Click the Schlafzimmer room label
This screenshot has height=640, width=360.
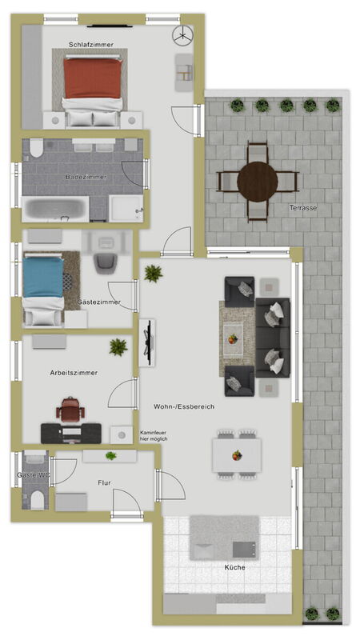pyautogui.click(x=91, y=45)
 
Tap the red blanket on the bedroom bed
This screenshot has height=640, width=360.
pyautogui.click(x=93, y=78)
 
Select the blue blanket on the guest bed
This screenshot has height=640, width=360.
pyautogui.click(x=43, y=277)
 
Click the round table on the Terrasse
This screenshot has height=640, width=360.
pyautogui.click(x=258, y=182)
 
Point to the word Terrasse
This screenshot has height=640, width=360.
pyautogui.click(x=303, y=208)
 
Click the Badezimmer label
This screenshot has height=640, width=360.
pyautogui.click(x=86, y=177)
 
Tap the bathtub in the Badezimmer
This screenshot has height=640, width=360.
pyautogui.click(x=55, y=209)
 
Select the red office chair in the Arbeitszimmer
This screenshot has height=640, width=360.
pyautogui.click(x=70, y=410)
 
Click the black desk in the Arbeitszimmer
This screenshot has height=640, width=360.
pyautogui.click(x=71, y=434)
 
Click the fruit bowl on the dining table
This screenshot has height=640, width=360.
pyautogui.click(x=237, y=455)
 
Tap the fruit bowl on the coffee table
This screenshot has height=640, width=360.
pyautogui.click(x=233, y=339)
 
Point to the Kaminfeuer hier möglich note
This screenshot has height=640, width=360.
pyautogui.click(x=154, y=436)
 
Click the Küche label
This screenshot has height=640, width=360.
pyautogui.click(x=235, y=567)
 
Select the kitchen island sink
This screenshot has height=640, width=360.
pyautogui.click(x=244, y=550)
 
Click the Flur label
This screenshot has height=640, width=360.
pyautogui.click(x=105, y=483)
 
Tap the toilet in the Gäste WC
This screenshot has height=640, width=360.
pyautogui.click(x=38, y=499)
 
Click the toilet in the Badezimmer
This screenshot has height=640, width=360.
pyautogui.click(x=36, y=148)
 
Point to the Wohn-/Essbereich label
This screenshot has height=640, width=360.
pyautogui.click(x=184, y=406)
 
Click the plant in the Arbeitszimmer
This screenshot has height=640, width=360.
pyautogui.click(x=118, y=347)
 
